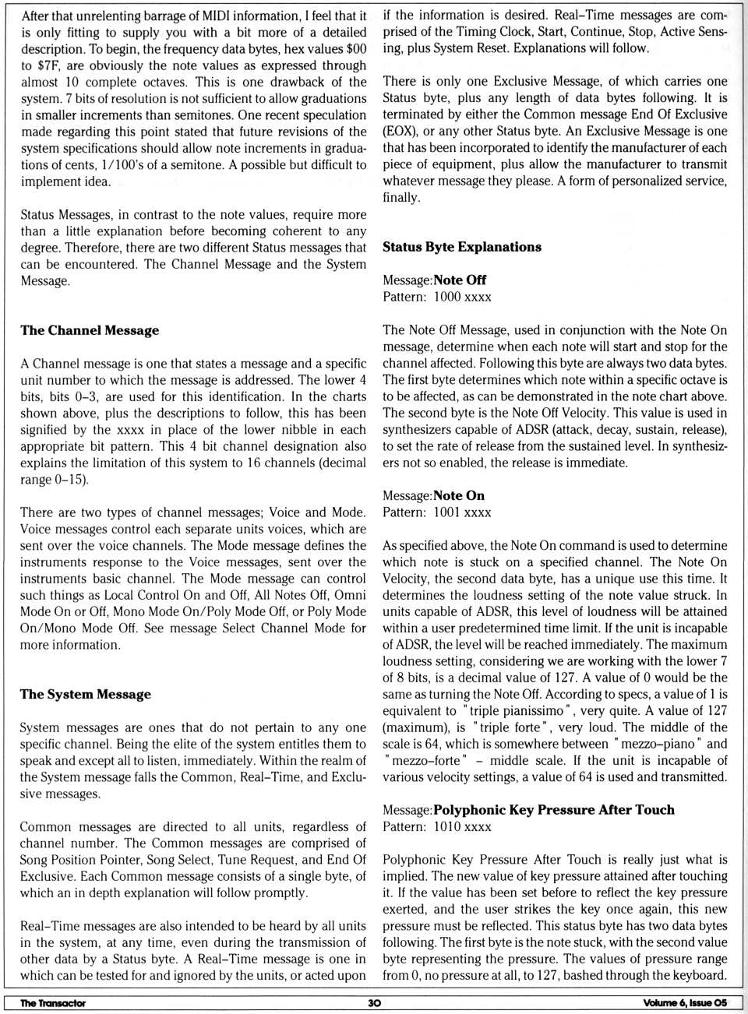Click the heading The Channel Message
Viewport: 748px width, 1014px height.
90,330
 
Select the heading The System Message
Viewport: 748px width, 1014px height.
86,694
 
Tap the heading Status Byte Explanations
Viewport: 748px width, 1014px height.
461,247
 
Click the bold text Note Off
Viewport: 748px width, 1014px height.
460,280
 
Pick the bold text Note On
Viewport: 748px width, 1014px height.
459,495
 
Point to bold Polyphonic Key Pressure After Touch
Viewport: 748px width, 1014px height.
554,809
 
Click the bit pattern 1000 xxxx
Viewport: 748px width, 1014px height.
462,297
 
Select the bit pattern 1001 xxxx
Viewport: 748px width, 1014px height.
462,512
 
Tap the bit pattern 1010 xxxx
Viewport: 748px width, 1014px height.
462,826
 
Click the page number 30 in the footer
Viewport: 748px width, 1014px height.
374,1003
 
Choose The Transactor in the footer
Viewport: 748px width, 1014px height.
53,1003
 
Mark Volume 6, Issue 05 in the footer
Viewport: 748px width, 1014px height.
685,1003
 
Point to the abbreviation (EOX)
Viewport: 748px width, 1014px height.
400,131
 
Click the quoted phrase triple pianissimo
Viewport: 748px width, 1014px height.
513,710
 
